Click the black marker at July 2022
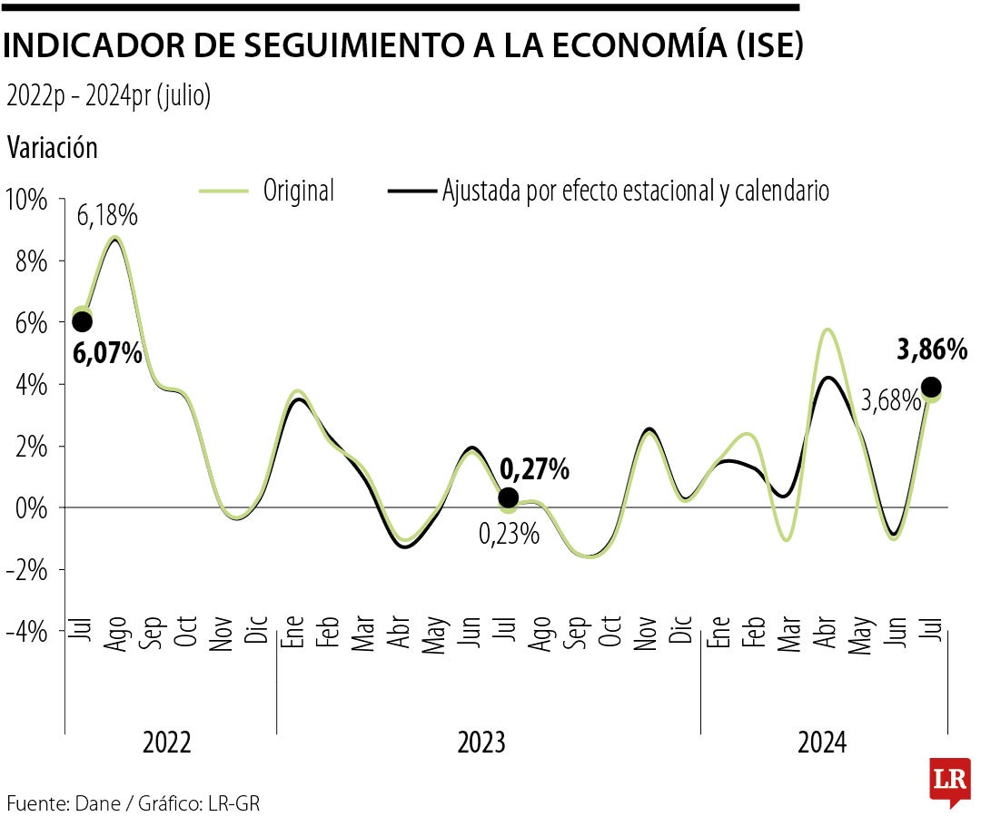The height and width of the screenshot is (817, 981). pos(82,321)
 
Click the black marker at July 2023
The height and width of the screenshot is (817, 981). pos(509,497)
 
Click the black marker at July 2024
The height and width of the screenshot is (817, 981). pos(931,387)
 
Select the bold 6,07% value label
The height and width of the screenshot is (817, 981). pos(108,353)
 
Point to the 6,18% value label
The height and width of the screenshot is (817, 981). pos(107,216)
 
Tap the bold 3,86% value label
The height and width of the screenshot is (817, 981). pos(932,349)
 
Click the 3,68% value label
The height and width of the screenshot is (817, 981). pos(891,400)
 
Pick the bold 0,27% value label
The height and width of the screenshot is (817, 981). pos(535,469)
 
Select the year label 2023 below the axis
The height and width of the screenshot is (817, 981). pos(481,743)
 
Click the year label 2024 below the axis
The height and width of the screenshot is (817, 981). pos(822,743)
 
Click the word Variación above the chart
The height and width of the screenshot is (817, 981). pos(52,147)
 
